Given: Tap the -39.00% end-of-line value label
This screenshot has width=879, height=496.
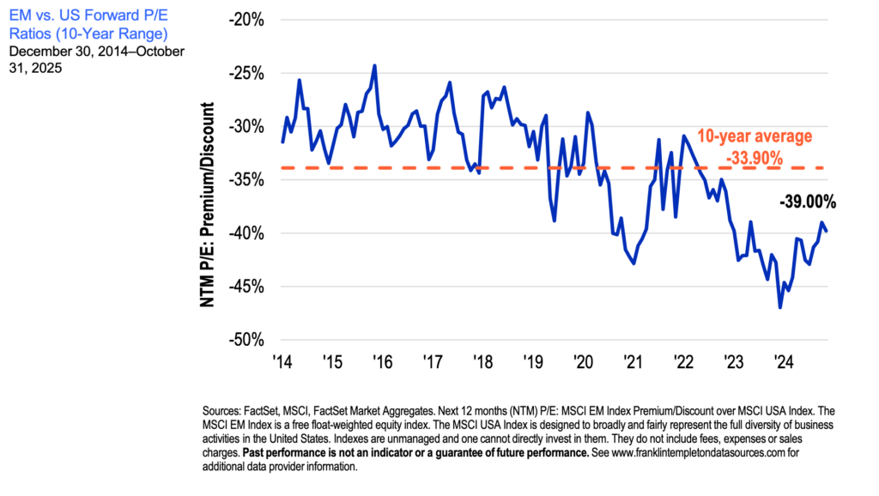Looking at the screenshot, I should pyautogui.click(x=807, y=203).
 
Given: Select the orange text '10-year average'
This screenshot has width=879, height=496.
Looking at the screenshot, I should pyautogui.click(x=753, y=136).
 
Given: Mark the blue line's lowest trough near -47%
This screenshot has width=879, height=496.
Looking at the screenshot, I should pyautogui.click(x=780, y=307).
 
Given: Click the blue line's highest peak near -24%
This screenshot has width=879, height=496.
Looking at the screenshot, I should pyautogui.click(x=374, y=65).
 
